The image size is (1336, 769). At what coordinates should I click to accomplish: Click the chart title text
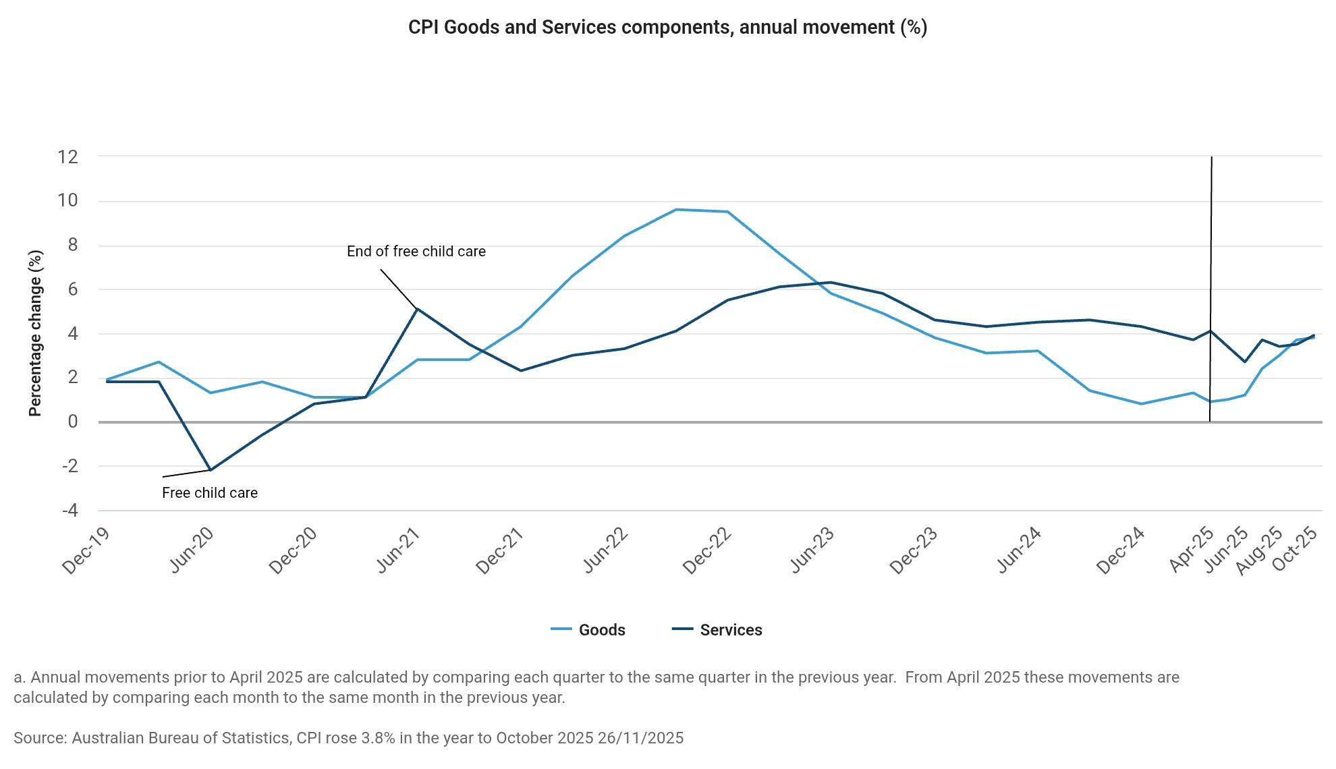point(667,28)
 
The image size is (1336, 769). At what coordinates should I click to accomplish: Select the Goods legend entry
point(601,629)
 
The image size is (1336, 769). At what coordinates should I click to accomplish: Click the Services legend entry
point(730,629)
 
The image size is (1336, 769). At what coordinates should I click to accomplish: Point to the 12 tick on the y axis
point(68,157)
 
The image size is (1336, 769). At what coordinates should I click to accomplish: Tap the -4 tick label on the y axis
point(70,511)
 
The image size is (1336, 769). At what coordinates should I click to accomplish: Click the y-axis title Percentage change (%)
point(35,333)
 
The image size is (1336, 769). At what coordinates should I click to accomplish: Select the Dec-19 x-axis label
point(86,550)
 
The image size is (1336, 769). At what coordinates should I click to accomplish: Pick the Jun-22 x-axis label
point(605,550)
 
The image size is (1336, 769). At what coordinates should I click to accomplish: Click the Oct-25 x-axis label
point(1294,549)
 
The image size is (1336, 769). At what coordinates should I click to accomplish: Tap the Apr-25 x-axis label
point(1192,550)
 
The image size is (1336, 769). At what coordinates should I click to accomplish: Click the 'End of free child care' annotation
point(416,252)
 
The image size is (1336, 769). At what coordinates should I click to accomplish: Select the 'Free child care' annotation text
point(209,493)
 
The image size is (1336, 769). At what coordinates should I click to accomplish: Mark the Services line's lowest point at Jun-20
point(211,469)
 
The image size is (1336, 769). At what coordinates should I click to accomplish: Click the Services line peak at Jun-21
point(417,309)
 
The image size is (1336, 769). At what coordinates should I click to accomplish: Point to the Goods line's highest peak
point(676,210)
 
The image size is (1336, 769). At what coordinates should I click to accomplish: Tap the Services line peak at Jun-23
point(831,283)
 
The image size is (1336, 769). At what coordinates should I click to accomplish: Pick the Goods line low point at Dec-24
point(1141,404)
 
